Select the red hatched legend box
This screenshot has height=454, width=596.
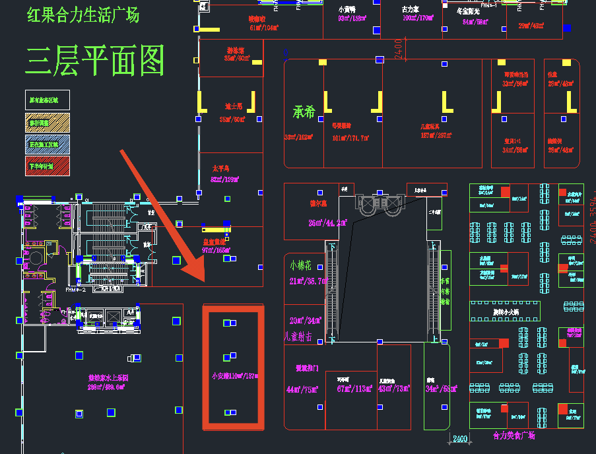[47, 164]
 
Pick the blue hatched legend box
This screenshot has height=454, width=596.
[47, 143]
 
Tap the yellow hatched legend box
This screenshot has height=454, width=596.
[47, 122]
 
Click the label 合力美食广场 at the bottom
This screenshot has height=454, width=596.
[513, 436]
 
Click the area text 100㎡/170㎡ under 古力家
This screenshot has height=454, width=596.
[417, 18]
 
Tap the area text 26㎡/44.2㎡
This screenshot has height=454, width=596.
[327, 222]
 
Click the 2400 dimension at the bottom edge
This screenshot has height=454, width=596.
[460, 439]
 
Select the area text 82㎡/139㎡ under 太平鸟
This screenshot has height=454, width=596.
[224, 179]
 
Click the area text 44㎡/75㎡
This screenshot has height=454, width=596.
[302, 389]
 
